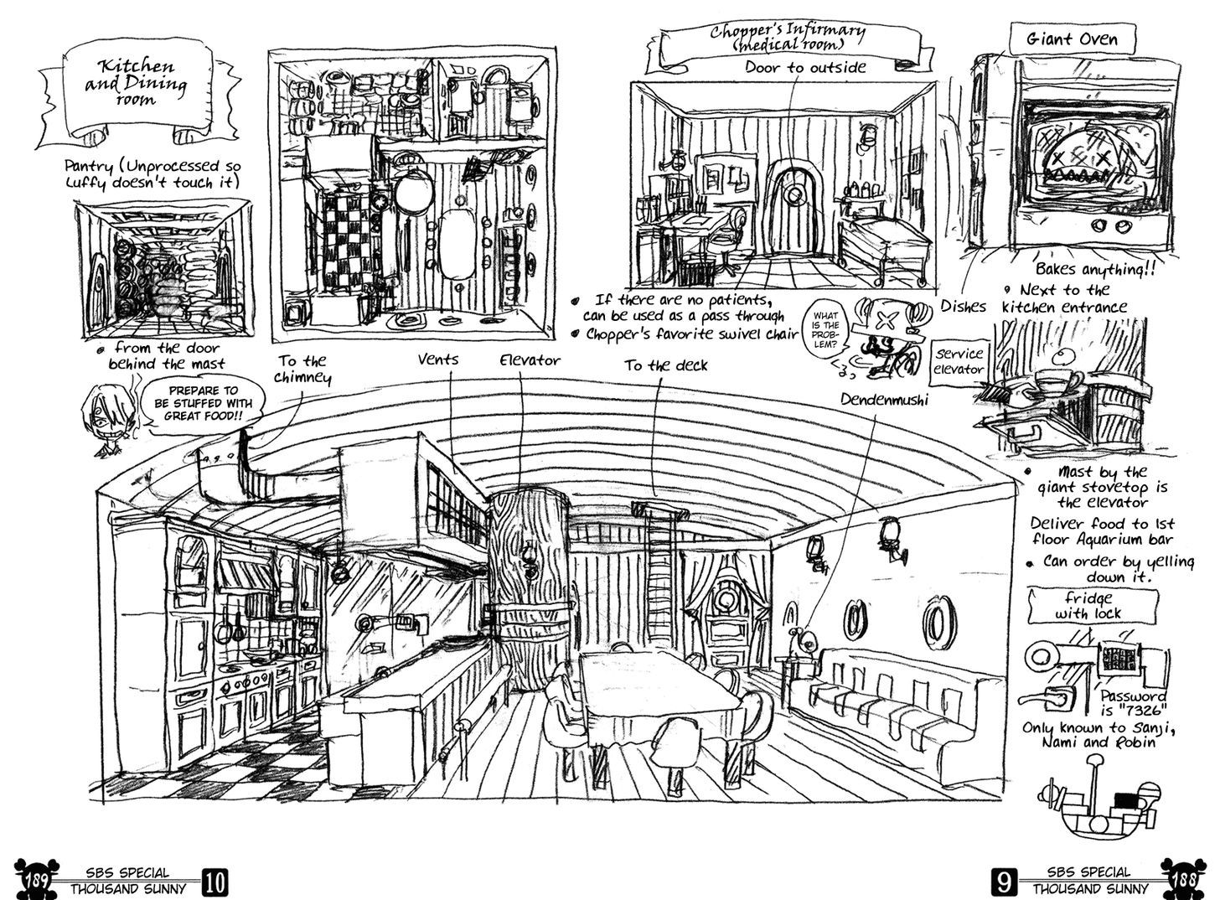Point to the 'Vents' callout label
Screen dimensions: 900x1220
click(x=438, y=359)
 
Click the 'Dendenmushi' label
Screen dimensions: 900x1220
click(x=885, y=400)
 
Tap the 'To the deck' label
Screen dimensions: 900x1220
click(x=665, y=365)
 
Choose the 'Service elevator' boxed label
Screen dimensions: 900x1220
click(x=960, y=360)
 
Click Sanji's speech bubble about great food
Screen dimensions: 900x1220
click(x=203, y=402)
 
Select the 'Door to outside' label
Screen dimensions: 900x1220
click(x=805, y=67)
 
